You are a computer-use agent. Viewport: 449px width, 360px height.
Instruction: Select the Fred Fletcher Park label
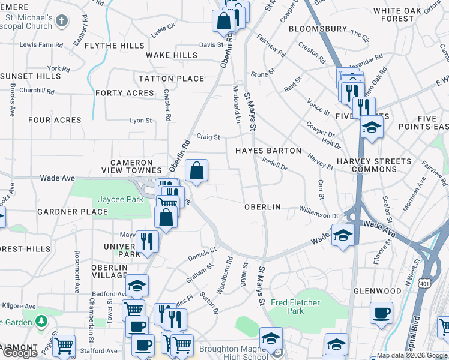pos(295,307)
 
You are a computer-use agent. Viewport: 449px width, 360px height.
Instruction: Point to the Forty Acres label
pos(125,93)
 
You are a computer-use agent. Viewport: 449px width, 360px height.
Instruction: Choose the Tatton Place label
pos(172,79)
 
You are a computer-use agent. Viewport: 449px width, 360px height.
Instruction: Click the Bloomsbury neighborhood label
pos(318,29)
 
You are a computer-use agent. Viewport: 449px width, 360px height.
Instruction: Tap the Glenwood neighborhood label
pos(378,291)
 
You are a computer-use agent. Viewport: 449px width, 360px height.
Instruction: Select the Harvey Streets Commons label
pos(374,166)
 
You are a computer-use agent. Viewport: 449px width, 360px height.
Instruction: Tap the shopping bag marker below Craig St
pos(196,171)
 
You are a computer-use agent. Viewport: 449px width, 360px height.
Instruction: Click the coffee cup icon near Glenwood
pos(381,313)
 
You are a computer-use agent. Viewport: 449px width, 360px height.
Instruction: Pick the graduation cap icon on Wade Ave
pos(342,234)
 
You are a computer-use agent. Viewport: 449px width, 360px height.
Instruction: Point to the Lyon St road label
pos(141,121)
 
